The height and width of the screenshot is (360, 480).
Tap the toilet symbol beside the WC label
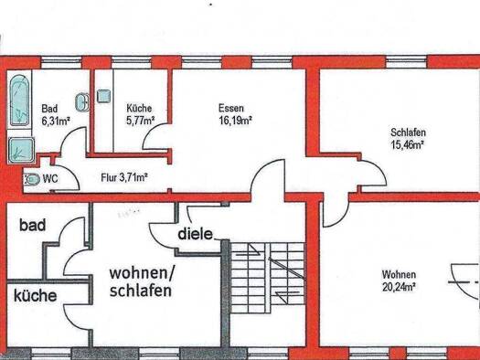click(x=32, y=179)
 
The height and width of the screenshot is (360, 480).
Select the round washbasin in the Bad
click(x=82, y=101)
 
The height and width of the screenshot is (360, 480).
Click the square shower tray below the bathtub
click(x=21, y=150)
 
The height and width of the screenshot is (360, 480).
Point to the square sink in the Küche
click(x=104, y=96)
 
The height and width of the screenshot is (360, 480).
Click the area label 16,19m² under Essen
click(x=235, y=121)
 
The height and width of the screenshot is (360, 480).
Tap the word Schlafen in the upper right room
click(x=408, y=132)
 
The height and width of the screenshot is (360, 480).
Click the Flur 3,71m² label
click(x=124, y=177)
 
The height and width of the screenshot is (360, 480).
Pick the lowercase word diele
click(x=195, y=234)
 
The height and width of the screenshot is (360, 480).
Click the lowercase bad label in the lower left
click(x=33, y=225)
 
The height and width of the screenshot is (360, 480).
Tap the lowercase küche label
click(x=36, y=295)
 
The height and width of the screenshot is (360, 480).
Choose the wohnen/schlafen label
click(x=141, y=281)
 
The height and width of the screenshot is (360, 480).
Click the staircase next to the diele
click(x=267, y=278)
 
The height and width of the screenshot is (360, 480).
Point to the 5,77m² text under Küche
click(x=140, y=121)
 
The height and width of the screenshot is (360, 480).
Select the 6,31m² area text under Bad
click(x=56, y=121)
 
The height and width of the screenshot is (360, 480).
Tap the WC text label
click(x=50, y=178)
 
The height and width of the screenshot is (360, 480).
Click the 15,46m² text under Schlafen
click(x=408, y=144)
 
